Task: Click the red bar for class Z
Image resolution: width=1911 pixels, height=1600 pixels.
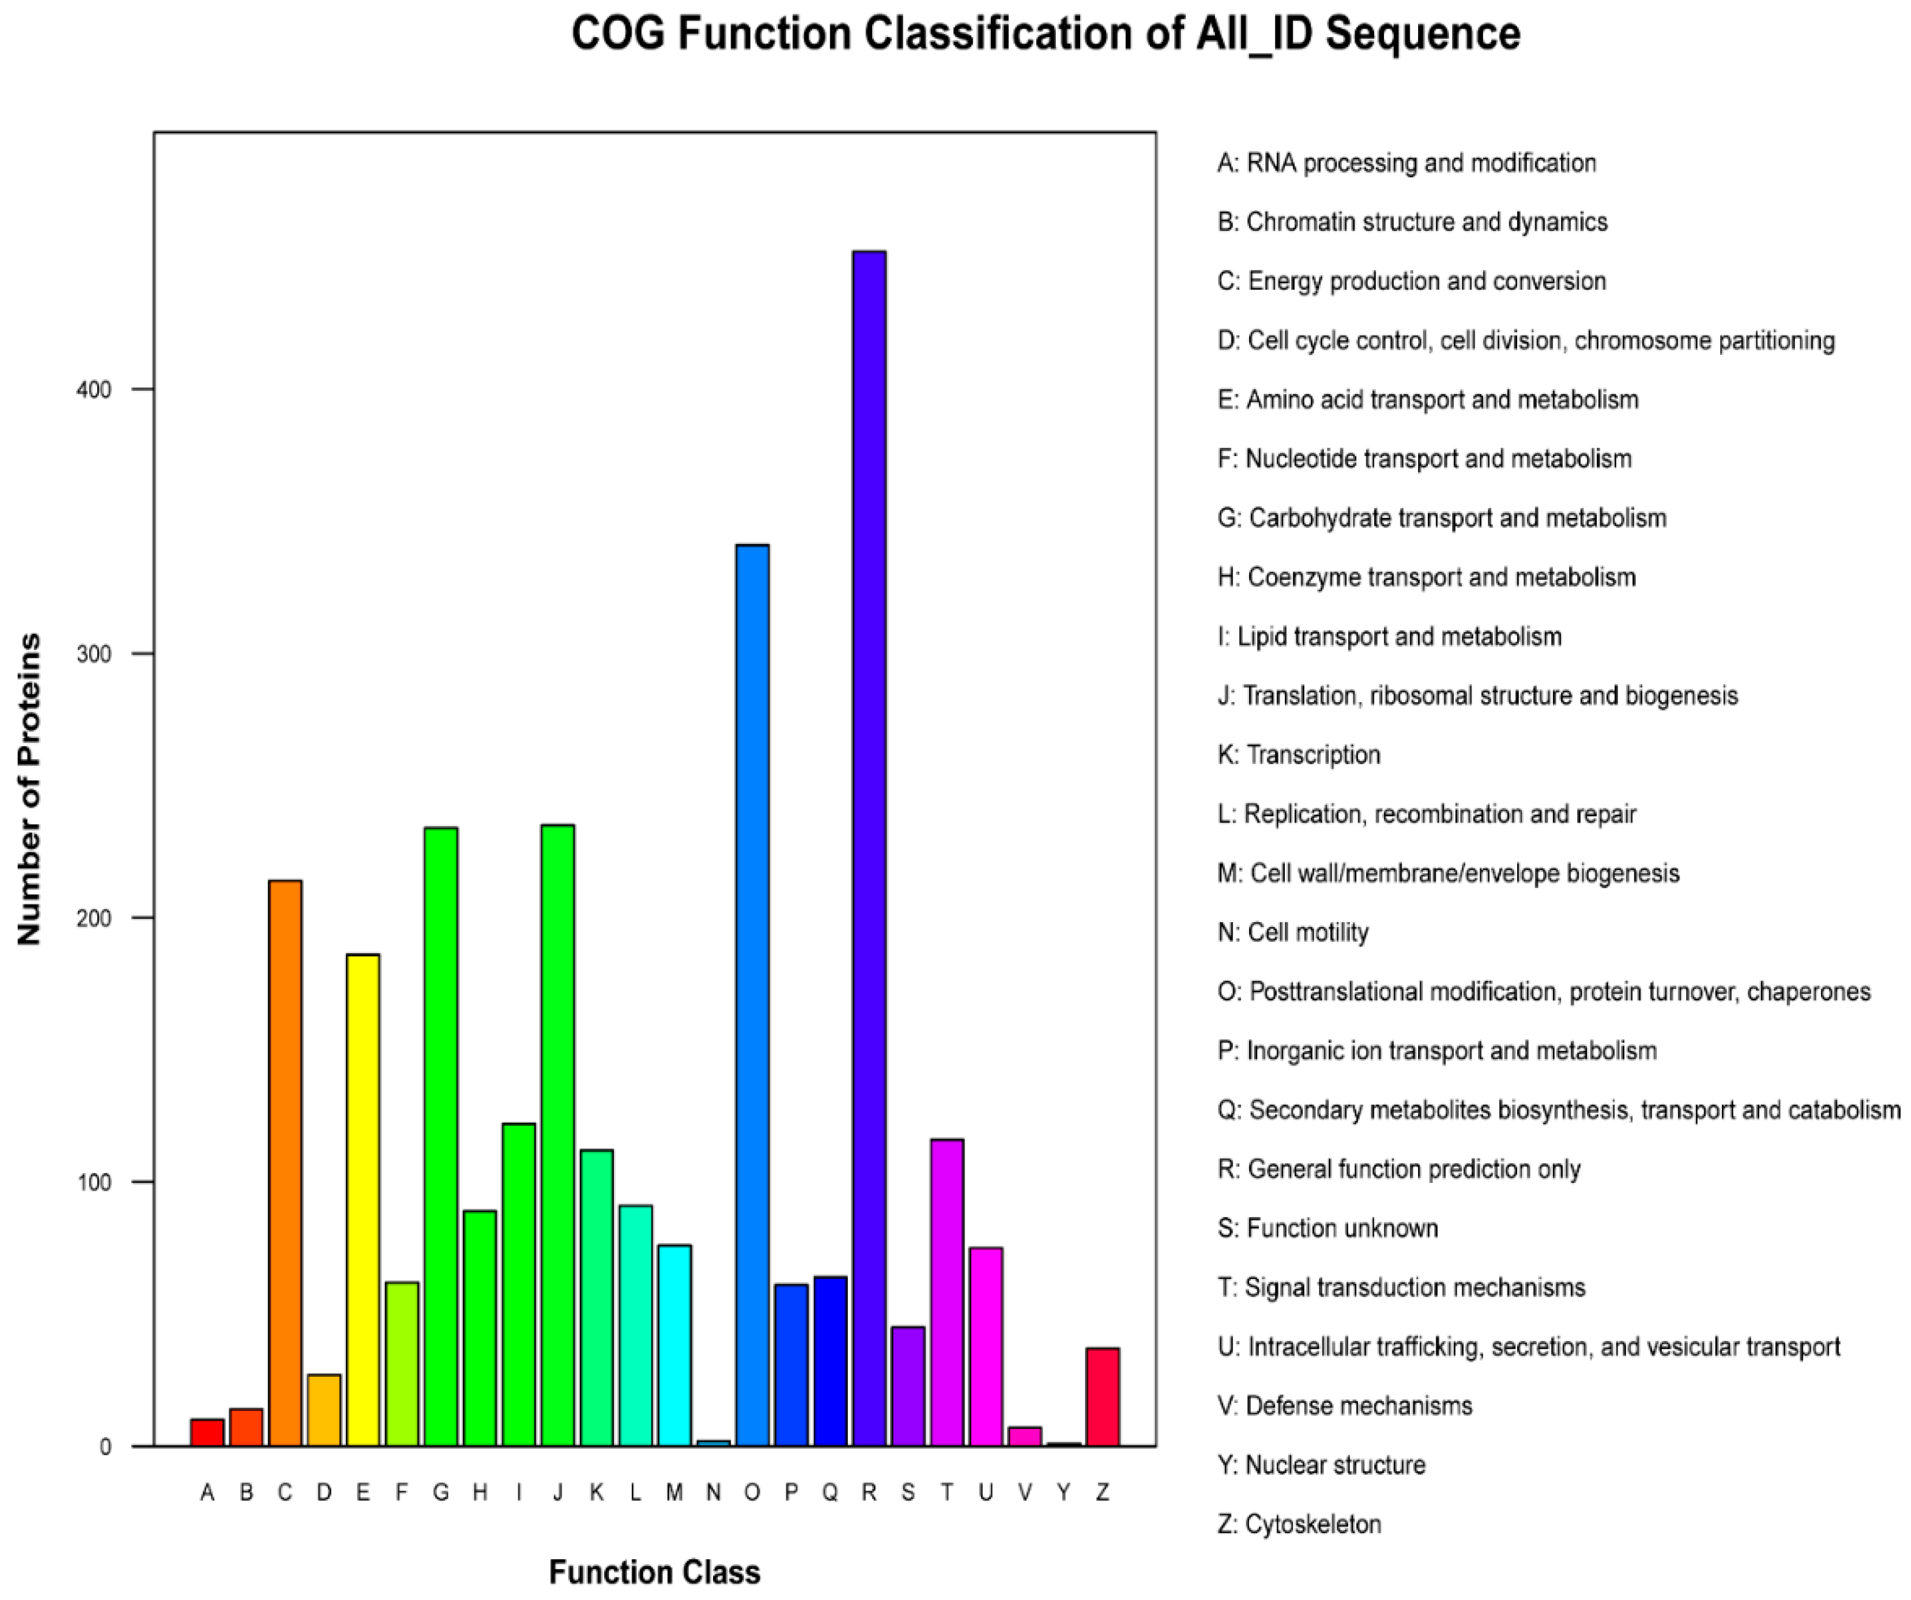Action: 1103,1396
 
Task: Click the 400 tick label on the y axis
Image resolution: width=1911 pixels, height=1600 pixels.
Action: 94,390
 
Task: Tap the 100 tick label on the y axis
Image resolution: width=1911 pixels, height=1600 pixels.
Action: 94,1182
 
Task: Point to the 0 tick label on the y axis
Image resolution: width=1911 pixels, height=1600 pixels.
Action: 106,1447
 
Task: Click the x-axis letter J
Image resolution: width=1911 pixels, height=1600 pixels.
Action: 558,1492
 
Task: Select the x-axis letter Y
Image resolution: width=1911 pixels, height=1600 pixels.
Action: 1064,1492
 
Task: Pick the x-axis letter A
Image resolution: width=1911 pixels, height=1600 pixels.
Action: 207,1492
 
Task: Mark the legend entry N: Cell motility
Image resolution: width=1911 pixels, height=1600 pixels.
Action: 1292,932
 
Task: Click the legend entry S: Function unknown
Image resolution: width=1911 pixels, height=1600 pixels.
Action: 1327,1228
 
